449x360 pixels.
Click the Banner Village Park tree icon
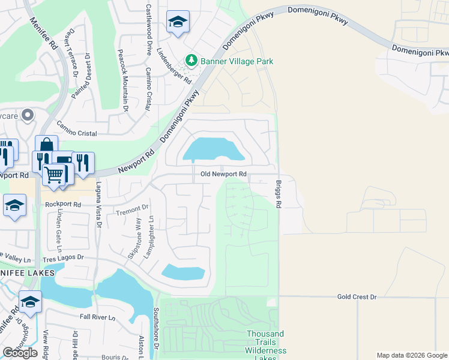[191, 61]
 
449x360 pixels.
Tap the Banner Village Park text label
[237, 61]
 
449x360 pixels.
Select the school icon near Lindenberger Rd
[177, 23]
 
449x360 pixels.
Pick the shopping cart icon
[54, 175]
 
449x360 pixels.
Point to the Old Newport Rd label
[220, 174]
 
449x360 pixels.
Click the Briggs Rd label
[279, 194]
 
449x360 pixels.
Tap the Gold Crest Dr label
[356, 296]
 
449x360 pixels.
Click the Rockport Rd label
[63, 204]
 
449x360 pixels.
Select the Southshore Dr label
[155, 329]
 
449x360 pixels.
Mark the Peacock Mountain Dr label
[125, 81]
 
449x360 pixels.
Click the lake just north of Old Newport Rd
[213, 149]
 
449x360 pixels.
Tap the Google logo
[20, 353]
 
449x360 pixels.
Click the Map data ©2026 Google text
[412, 355]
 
